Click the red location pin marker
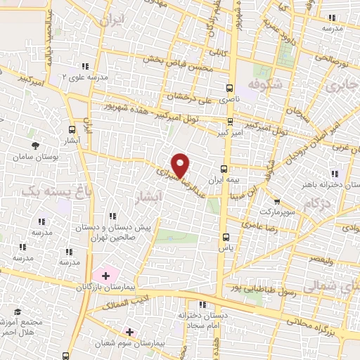(181, 165)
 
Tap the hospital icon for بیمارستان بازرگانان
(106, 274)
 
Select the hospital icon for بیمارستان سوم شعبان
(129, 330)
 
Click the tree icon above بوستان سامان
(34, 146)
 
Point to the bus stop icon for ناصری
(229, 89)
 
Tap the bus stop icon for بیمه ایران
(224, 169)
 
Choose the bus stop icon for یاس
(225, 237)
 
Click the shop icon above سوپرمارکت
(276, 201)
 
